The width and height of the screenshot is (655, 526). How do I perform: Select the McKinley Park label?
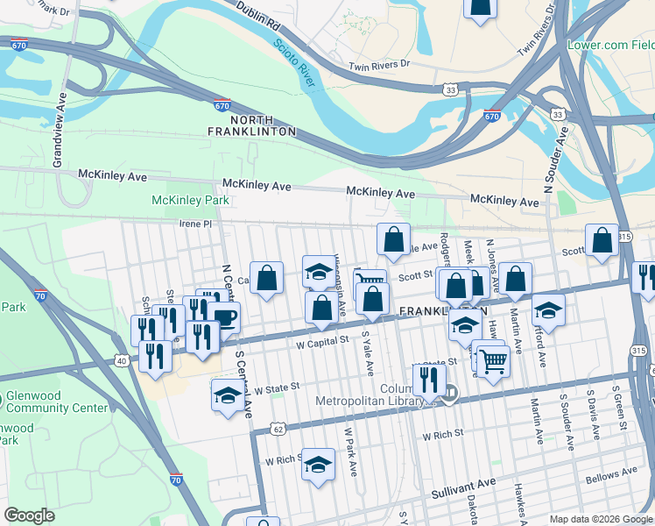190,200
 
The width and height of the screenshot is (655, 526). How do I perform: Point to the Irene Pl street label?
195,224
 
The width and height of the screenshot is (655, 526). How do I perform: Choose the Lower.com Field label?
611,45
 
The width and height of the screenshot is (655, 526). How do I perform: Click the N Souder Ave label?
552,163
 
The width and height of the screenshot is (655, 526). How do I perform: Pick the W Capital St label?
326,338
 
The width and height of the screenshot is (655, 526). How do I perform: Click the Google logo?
29,515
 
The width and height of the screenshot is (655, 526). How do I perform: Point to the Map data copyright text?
600,519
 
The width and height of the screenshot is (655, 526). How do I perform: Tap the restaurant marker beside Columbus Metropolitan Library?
428,379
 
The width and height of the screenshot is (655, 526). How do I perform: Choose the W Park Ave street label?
350,451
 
